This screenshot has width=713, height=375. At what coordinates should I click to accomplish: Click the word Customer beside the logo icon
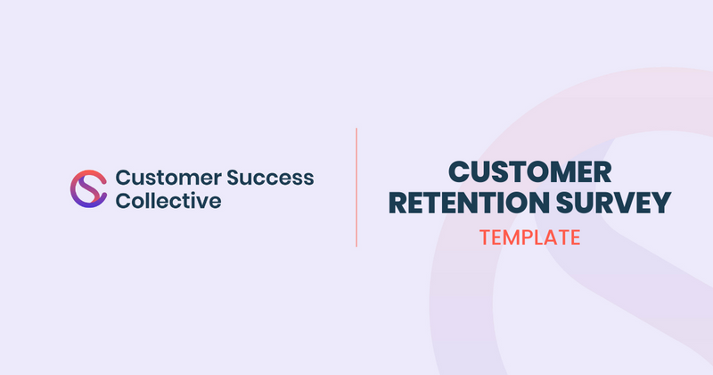(x=157, y=177)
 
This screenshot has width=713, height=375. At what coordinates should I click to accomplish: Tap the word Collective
(x=168, y=201)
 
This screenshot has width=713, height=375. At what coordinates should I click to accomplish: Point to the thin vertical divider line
(x=356, y=187)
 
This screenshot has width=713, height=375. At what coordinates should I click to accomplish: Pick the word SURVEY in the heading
(x=614, y=204)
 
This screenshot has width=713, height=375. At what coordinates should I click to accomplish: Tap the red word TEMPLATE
(x=529, y=237)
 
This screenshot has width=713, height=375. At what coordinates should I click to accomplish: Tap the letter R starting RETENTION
(x=401, y=204)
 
